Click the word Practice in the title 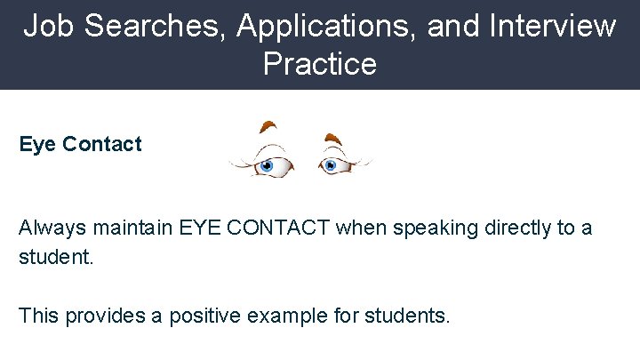click(x=320, y=65)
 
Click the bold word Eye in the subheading click(x=37, y=145)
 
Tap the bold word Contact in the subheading click(x=102, y=144)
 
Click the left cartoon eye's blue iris click(x=266, y=165)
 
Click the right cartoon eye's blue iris click(x=331, y=164)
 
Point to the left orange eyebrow click(x=268, y=127)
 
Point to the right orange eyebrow click(x=333, y=139)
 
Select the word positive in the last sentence click(x=200, y=316)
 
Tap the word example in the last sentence click(x=294, y=316)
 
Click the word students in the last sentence click(x=410, y=316)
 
